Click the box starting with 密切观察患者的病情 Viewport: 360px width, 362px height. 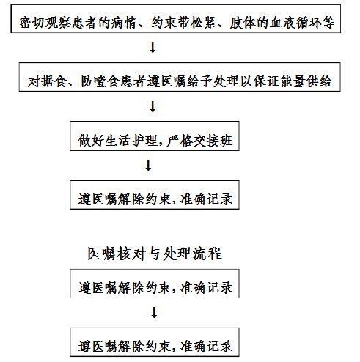176,18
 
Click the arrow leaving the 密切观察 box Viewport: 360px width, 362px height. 153,48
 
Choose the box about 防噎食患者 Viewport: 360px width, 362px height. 180,77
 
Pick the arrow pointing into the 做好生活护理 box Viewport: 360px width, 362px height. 153,107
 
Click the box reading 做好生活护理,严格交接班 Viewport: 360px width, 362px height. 155,136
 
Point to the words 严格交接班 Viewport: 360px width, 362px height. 199,141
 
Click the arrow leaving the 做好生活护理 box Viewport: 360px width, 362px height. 148,166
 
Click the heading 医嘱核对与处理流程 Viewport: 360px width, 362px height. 155,254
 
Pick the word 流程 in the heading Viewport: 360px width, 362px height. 207,254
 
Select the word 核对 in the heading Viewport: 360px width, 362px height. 131,254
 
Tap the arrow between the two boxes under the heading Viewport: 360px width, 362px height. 154,312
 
